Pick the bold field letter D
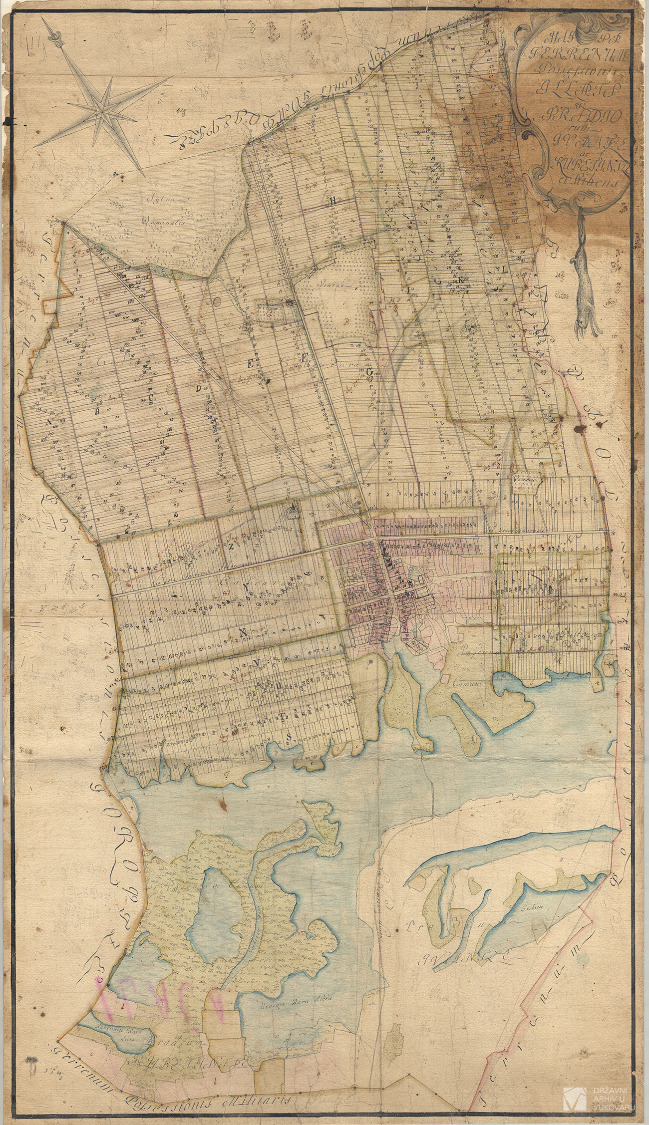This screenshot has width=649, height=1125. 198,388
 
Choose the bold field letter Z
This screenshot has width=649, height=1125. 231,546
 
